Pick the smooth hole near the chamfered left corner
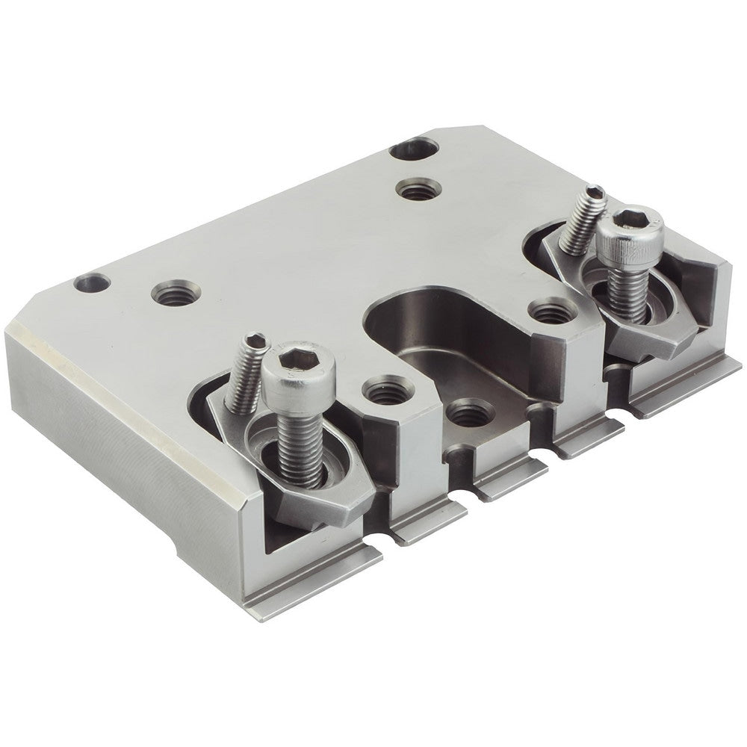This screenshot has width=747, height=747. click(x=93, y=283)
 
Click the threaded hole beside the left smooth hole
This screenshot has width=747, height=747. click(x=176, y=292)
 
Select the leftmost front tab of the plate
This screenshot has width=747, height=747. click(x=314, y=590)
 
